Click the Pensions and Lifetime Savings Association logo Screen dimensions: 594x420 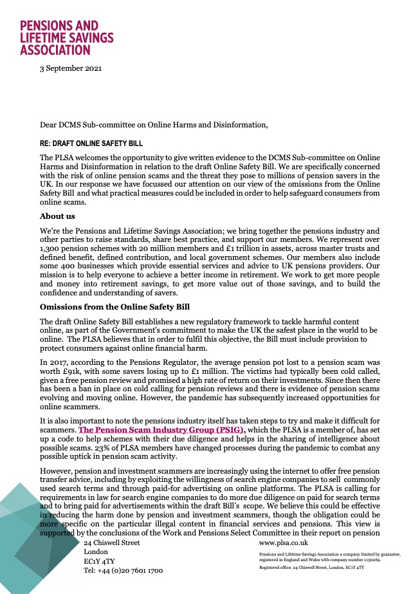(67, 37)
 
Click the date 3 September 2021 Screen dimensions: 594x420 (71, 68)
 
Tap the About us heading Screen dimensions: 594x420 (58, 216)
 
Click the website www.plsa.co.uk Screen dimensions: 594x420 (284, 543)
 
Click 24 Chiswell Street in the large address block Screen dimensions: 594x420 (112, 543)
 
